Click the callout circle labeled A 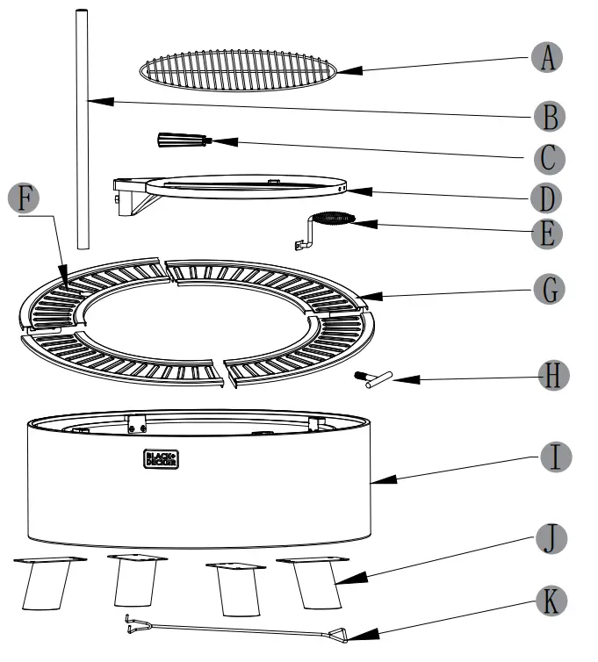547,58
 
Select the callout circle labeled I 551,457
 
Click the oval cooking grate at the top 238,68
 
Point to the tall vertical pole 83,132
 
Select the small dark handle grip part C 181,140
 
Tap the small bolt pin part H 372,378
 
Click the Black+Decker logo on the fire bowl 160,458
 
